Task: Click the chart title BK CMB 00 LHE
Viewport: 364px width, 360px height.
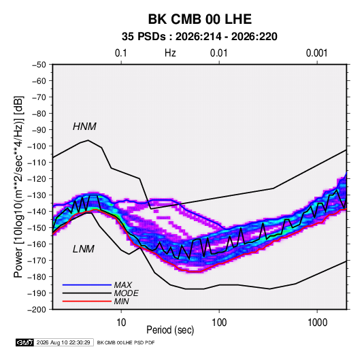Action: click(x=200, y=19)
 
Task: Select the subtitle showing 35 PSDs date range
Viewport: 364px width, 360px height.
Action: click(x=199, y=37)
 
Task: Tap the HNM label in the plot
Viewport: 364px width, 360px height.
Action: click(x=84, y=127)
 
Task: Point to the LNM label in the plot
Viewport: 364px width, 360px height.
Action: click(x=84, y=249)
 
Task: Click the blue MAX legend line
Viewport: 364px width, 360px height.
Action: click(x=87, y=285)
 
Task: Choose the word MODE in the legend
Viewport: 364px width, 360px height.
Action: click(x=127, y=293)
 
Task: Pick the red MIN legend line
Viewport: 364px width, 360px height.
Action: click(x=87, y=301)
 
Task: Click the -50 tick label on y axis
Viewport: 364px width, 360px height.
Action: click(x=39, y=65)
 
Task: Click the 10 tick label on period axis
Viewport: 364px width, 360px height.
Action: click(x=121, y=323)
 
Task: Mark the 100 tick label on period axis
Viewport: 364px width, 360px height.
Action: click(x=219, y=323)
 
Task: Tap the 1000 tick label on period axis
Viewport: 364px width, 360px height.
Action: click(x=317, y=323)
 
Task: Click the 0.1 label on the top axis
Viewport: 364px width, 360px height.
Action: click(x=121, y=53)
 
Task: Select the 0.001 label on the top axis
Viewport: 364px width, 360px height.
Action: click(x=316, y=53)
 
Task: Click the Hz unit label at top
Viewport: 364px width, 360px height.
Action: click(x=170, y=53)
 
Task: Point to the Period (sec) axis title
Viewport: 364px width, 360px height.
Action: click(x=170, y=330)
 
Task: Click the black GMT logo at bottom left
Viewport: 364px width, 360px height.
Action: click(x=25, y=342)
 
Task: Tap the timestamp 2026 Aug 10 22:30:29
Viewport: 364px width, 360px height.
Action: click(x=63, y=342)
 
